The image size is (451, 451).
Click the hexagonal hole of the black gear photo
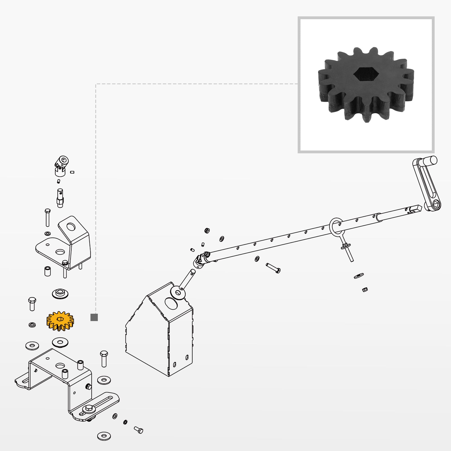(x=366, y=74)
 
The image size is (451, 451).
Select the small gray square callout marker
(x=94, y=317)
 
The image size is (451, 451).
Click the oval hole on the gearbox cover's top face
(x=171, y=303)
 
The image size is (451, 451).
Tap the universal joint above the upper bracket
(x=61, y=165)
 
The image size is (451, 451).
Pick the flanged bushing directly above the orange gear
(x=60, y=293)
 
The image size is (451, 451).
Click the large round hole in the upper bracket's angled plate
(x=71, y=226)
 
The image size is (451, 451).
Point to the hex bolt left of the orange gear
(x=32, y=304)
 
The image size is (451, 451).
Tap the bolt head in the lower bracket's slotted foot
(x=89, y=408)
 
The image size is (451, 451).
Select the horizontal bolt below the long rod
(x=273, y=268)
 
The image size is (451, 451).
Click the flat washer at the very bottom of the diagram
(x=104, y=436)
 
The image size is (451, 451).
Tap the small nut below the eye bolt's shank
(x=365, y=289)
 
